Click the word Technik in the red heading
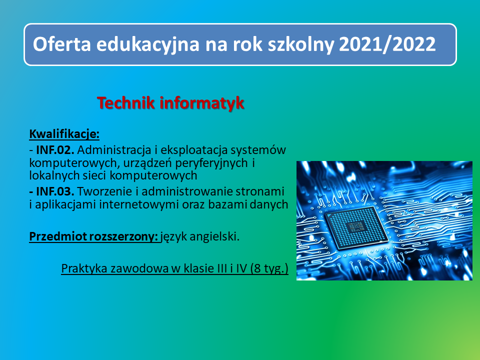(126, 103)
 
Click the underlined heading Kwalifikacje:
(64, 134)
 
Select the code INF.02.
(55, 149)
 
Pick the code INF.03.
(55, 191)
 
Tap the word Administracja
(113, 149)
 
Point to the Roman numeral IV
(242, 268)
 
